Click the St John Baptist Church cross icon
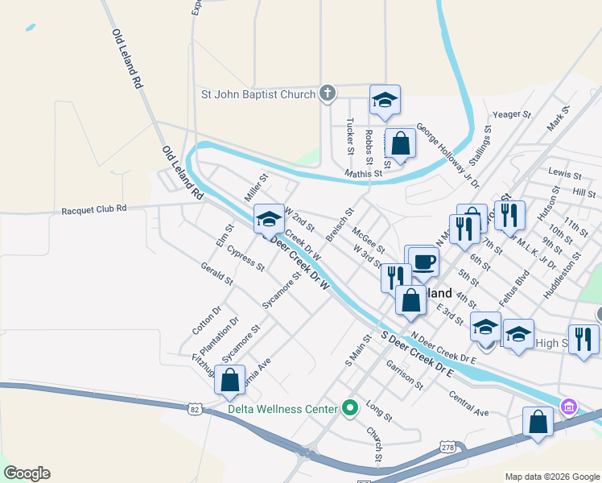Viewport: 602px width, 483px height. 327,94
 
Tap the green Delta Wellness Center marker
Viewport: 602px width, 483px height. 349,409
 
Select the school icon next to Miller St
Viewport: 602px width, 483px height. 269,220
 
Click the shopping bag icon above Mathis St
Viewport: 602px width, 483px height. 400,144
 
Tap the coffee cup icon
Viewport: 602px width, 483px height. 424,262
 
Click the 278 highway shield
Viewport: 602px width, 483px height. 448,445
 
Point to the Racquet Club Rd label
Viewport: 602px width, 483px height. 94,209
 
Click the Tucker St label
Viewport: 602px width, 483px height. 350,137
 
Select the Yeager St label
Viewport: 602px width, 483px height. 513,115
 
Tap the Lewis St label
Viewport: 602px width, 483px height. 564,174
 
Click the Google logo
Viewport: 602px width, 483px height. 27,473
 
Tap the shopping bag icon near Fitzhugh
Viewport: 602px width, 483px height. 230,381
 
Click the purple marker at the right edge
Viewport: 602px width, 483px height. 569,407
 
